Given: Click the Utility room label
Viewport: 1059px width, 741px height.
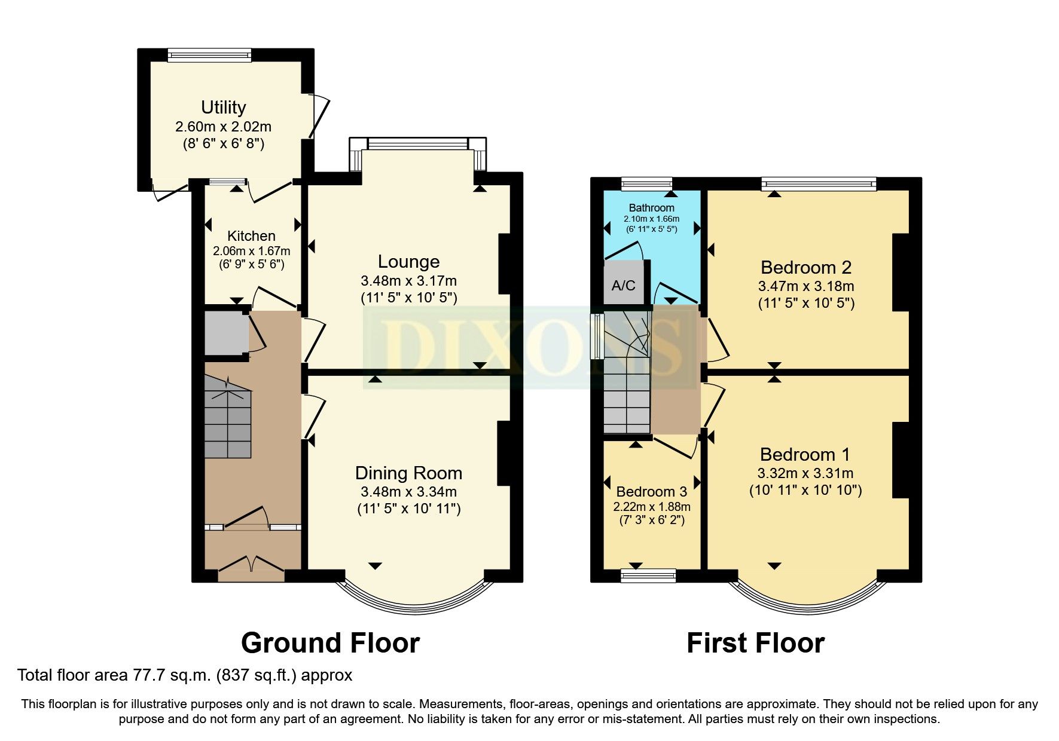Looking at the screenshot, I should click(x=223, y=107).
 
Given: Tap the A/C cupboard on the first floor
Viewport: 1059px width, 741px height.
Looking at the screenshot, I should click(x=623, y=285).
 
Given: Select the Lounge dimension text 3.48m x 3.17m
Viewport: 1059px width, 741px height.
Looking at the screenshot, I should click(x=408, y=280).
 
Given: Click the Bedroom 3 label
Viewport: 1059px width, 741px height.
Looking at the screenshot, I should click(x=651, y=492).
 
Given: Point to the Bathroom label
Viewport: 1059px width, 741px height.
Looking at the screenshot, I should click(x=651, y=208).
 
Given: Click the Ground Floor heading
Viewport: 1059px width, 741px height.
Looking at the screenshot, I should click(x=330, y=643).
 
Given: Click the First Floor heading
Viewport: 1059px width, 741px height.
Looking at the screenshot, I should click(x=755, y=643).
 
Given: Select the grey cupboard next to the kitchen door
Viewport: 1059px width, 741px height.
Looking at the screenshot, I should click(x=226, y=333).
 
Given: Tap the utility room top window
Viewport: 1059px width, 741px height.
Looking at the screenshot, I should click(x=209, y=56).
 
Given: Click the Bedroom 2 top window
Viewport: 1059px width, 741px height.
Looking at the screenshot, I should click(x=819, y=184).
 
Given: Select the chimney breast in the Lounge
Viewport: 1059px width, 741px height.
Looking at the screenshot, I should click(x=504, y=264).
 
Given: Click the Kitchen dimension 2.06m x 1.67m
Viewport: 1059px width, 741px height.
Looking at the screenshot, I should click(x=251, y=251).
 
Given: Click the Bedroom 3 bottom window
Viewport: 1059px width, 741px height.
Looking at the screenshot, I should click(x=648, y=575).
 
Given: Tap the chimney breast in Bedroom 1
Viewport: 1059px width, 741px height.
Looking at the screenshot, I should click(x=901, y=460).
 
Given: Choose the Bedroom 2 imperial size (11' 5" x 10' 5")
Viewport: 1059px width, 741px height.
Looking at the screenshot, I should click(x=805, y=303).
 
